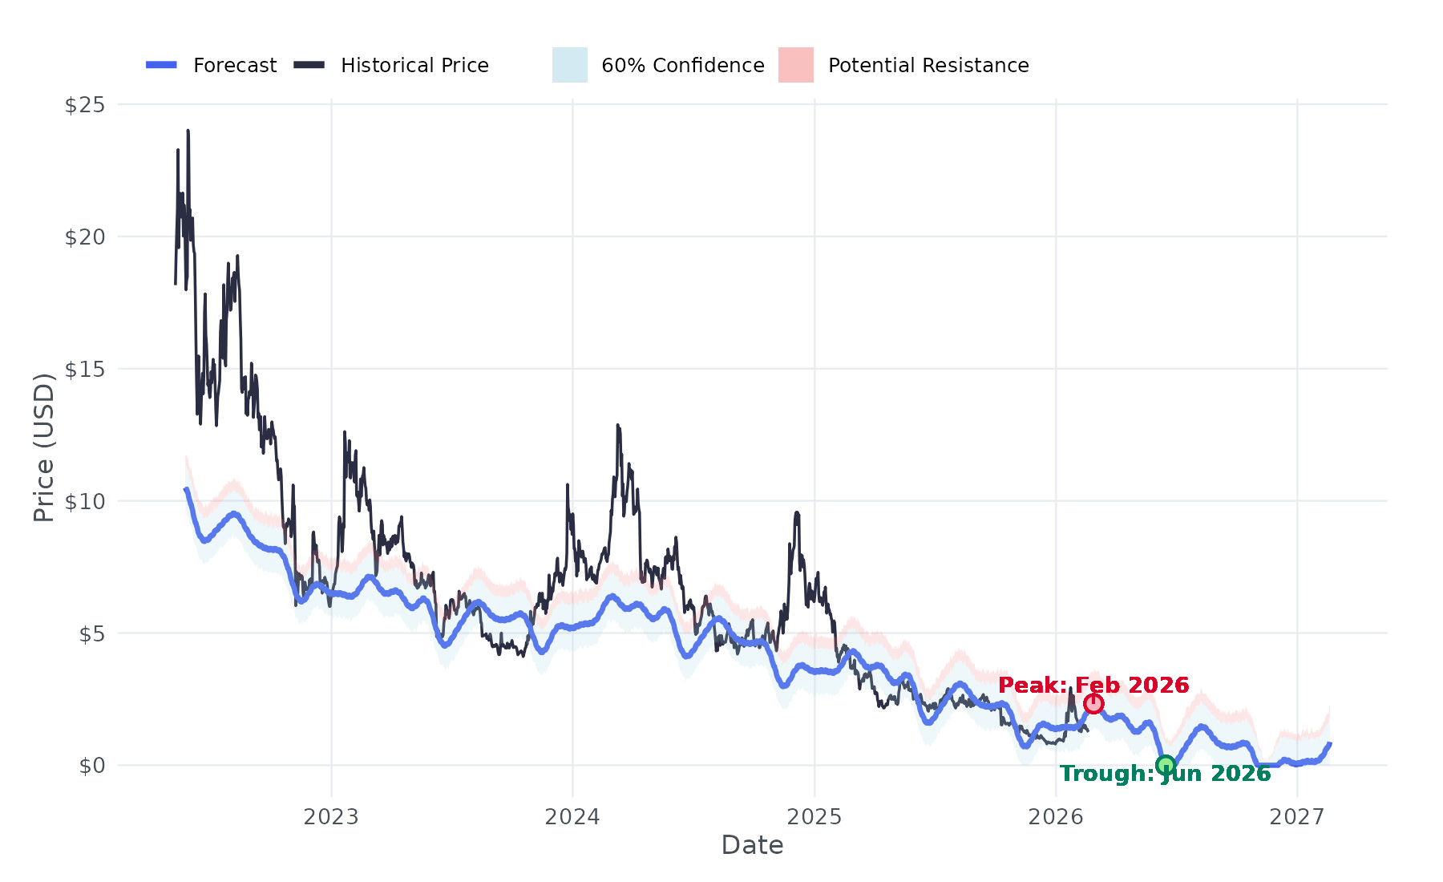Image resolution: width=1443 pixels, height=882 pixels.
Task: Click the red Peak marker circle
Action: [x=1093, y=704]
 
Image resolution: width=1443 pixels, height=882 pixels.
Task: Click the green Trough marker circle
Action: [x=1166, y=765]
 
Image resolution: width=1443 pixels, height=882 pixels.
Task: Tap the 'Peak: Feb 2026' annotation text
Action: [x=1093, y=685]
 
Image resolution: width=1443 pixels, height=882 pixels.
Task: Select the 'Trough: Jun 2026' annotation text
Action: [x=1165, y=774]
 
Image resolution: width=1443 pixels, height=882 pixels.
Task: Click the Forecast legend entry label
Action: [x=235, y=66]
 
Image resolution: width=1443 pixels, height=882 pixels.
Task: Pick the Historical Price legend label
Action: [x=414, y=66]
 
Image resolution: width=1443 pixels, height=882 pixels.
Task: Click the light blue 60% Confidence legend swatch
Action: [x=570, y=65]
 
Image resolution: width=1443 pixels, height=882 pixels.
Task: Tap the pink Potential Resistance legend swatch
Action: [x=796, y=65]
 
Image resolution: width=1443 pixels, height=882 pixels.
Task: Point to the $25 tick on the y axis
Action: [x=85, y=105]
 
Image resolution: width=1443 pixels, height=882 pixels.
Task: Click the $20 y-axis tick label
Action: [x=85, y=237]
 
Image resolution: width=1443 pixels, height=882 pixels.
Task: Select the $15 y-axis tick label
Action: [x=85, y=370]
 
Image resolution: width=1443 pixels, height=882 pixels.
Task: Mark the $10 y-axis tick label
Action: [x=85, y=502]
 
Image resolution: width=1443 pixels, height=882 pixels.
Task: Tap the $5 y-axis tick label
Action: [x=91, y=634]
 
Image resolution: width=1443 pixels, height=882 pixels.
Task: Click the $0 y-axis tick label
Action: [x=91, y=766]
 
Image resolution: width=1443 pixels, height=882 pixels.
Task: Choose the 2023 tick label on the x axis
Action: [x=331, y=817]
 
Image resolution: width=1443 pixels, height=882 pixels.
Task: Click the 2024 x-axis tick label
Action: [x=572, y=817]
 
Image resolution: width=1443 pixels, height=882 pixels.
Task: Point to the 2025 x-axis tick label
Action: [x=814, y=817]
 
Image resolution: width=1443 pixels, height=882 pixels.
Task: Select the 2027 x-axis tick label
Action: [x=1297, y=817]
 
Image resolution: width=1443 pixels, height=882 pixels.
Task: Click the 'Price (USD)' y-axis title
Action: [x=44, y=447]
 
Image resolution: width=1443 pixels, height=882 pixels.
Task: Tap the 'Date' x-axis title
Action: [x=752, y=845]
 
